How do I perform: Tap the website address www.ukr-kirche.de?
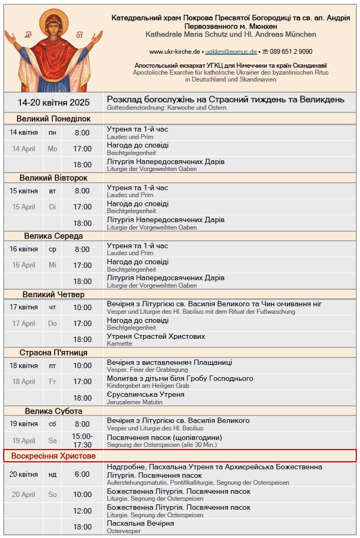174,52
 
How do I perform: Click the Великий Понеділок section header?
53,119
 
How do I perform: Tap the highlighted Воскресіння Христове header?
50,456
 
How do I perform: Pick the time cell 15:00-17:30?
82,440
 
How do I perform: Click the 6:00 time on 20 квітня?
82,474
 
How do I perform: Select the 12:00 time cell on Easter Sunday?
82,511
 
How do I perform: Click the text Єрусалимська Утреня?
145,394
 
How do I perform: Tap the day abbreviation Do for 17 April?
52,323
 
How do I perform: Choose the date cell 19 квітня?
23,424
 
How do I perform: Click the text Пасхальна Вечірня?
140,524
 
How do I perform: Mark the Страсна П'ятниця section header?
53,353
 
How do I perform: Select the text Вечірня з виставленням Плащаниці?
169,362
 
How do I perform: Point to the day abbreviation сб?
52,424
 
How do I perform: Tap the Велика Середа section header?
53,236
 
